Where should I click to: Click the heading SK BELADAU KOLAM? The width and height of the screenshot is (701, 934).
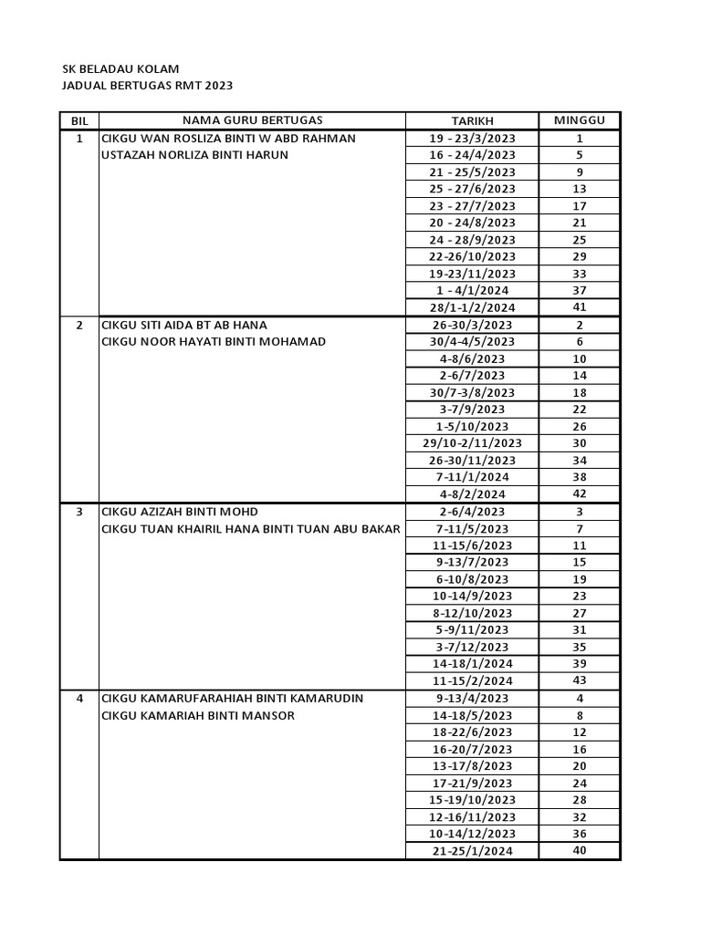coord(120,69)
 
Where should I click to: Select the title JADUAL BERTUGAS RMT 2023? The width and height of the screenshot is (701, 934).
coord(147,86)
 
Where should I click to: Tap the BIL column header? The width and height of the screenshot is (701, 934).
coord(78,121)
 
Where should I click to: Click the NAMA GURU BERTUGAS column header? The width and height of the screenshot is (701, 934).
coord(252,120)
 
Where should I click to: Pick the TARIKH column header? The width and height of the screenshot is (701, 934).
coord(472,121)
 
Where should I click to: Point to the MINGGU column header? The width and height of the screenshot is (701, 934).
coord(580,120)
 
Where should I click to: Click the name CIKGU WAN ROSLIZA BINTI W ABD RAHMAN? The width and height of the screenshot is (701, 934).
coord(228,139)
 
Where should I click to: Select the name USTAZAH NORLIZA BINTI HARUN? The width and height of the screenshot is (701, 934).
coord(194,155)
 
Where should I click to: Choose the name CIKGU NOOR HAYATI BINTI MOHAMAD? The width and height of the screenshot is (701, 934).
coord(213,342)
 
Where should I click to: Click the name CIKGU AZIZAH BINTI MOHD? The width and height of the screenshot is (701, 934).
coord(186,512)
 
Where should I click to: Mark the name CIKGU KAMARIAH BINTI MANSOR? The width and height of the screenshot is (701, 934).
coord(198,715)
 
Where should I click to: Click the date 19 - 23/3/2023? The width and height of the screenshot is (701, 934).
coord(472,139)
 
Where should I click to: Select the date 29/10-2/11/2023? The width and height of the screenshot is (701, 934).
coord(472,443)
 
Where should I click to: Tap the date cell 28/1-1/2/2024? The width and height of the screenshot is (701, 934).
coord(472,308)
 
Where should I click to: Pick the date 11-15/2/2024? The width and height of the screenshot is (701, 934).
coord(472,681)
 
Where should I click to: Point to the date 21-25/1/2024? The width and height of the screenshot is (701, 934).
coord(472,851)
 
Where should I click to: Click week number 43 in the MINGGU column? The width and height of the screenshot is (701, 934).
coord(580,680)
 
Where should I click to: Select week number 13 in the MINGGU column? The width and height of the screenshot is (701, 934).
coord(580,189)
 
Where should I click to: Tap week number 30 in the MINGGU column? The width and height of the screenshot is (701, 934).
coord(580,442)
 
